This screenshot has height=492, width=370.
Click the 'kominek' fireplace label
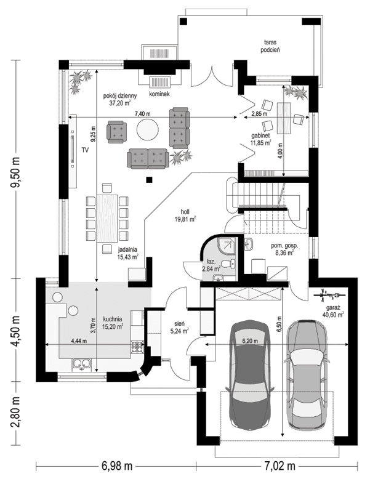coord(159,94)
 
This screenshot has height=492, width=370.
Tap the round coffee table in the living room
coord(148,130)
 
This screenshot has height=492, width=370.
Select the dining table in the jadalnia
coord(108,217)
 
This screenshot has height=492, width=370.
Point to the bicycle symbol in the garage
coord(324,295)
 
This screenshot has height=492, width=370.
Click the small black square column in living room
coord(148,180)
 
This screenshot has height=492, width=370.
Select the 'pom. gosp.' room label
coord(284,245)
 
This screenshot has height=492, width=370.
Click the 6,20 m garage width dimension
coord(248,341)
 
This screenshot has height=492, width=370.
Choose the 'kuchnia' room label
coord(113,318)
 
